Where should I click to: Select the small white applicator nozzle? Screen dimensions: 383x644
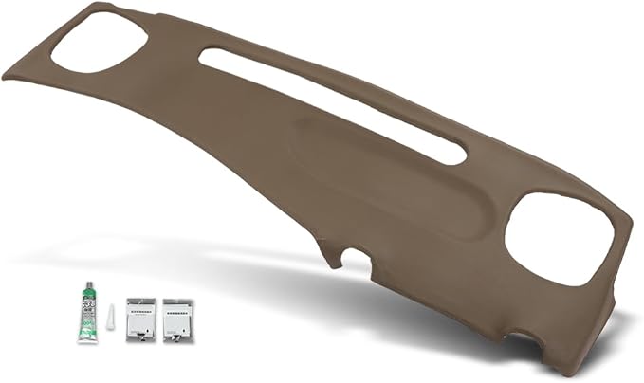point(110,317)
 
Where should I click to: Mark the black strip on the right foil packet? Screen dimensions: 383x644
point(176,306)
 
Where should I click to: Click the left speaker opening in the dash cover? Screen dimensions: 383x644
point(99,41)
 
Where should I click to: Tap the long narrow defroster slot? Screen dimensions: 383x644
point(332,104)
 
